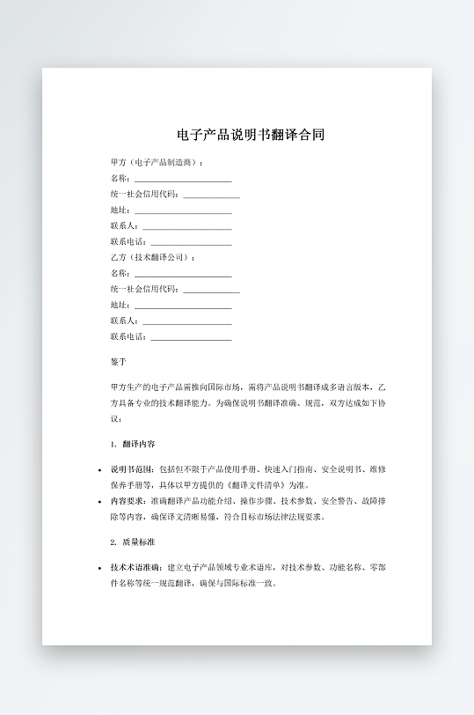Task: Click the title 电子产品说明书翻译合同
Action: (251, 136)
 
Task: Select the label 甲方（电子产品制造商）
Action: (157, 163)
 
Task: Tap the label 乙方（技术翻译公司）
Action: (152, 257)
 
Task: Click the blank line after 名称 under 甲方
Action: (182, 179)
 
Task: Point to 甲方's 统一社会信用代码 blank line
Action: (211, 195)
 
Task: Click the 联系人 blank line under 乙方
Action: (186, 321)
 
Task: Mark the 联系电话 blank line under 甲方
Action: (191, 242)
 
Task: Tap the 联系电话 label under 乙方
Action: (128, 336)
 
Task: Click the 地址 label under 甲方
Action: (120, 210)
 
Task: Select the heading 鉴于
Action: (119, 362)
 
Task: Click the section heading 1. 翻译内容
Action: (134, 444)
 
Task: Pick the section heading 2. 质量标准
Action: (134, 542)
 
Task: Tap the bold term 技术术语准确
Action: (136, 567)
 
